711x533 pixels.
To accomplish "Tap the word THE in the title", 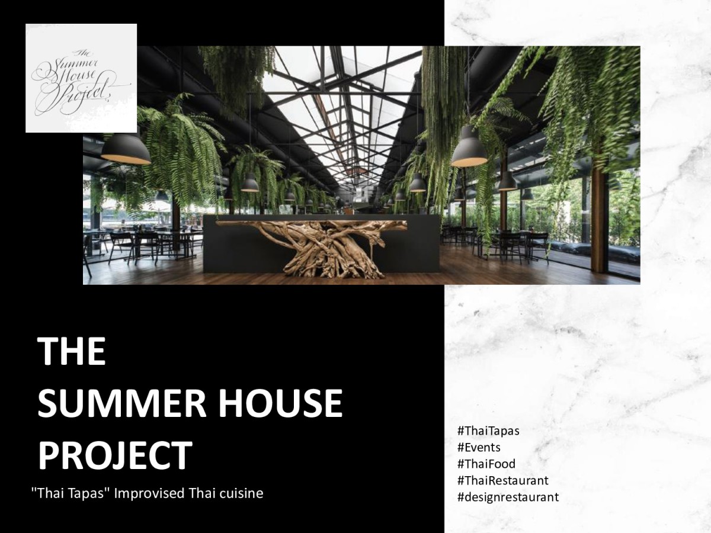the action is click(72, 351).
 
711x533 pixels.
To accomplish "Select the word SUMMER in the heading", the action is click(122, 403).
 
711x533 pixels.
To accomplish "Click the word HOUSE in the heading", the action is click(280, 403).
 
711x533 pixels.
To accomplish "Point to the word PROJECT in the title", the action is click(115, 455).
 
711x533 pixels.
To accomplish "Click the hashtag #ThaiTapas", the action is click(488, 431).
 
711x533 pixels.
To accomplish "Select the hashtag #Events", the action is click(479, 448).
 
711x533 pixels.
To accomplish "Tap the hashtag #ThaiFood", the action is click(486, 464).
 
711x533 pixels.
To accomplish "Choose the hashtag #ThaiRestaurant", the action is click(502, 480).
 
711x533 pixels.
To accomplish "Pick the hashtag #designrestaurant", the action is click(508, 497).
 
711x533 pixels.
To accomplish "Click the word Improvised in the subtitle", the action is click(149, 494).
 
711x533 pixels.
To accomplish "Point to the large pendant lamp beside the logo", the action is click(126, 149).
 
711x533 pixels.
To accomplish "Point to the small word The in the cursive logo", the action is click(82, 53).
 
